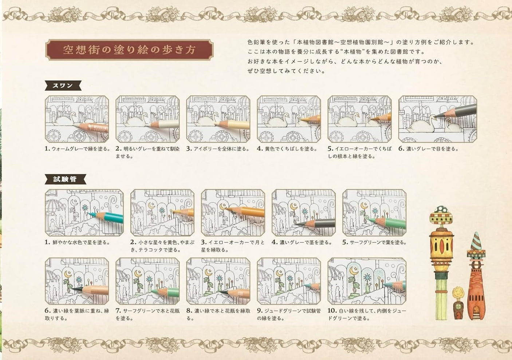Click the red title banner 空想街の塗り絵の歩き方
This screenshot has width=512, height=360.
(129, 50)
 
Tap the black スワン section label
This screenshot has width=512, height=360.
(63, 86)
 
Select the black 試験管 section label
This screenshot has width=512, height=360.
(65, 179)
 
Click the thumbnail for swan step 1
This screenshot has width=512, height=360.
(77, 119)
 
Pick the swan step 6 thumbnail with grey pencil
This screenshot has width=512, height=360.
(437, 119)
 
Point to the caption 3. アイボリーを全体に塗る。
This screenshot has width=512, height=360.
(218, 149)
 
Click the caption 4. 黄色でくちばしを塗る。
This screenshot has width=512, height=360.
(287, 149)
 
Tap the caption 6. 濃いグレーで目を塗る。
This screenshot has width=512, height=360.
(428, 149)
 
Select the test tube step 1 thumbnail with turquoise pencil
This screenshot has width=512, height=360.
(84, 213)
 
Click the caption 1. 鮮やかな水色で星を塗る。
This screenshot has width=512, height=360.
(77, 242)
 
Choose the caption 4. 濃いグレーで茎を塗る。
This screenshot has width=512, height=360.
(302, 242)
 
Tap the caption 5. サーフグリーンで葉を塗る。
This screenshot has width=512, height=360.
(374, 242)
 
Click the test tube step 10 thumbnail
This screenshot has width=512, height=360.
(359, 281)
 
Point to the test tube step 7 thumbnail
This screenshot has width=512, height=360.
(147, 281)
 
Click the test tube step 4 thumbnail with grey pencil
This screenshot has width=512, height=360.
(303, 213)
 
